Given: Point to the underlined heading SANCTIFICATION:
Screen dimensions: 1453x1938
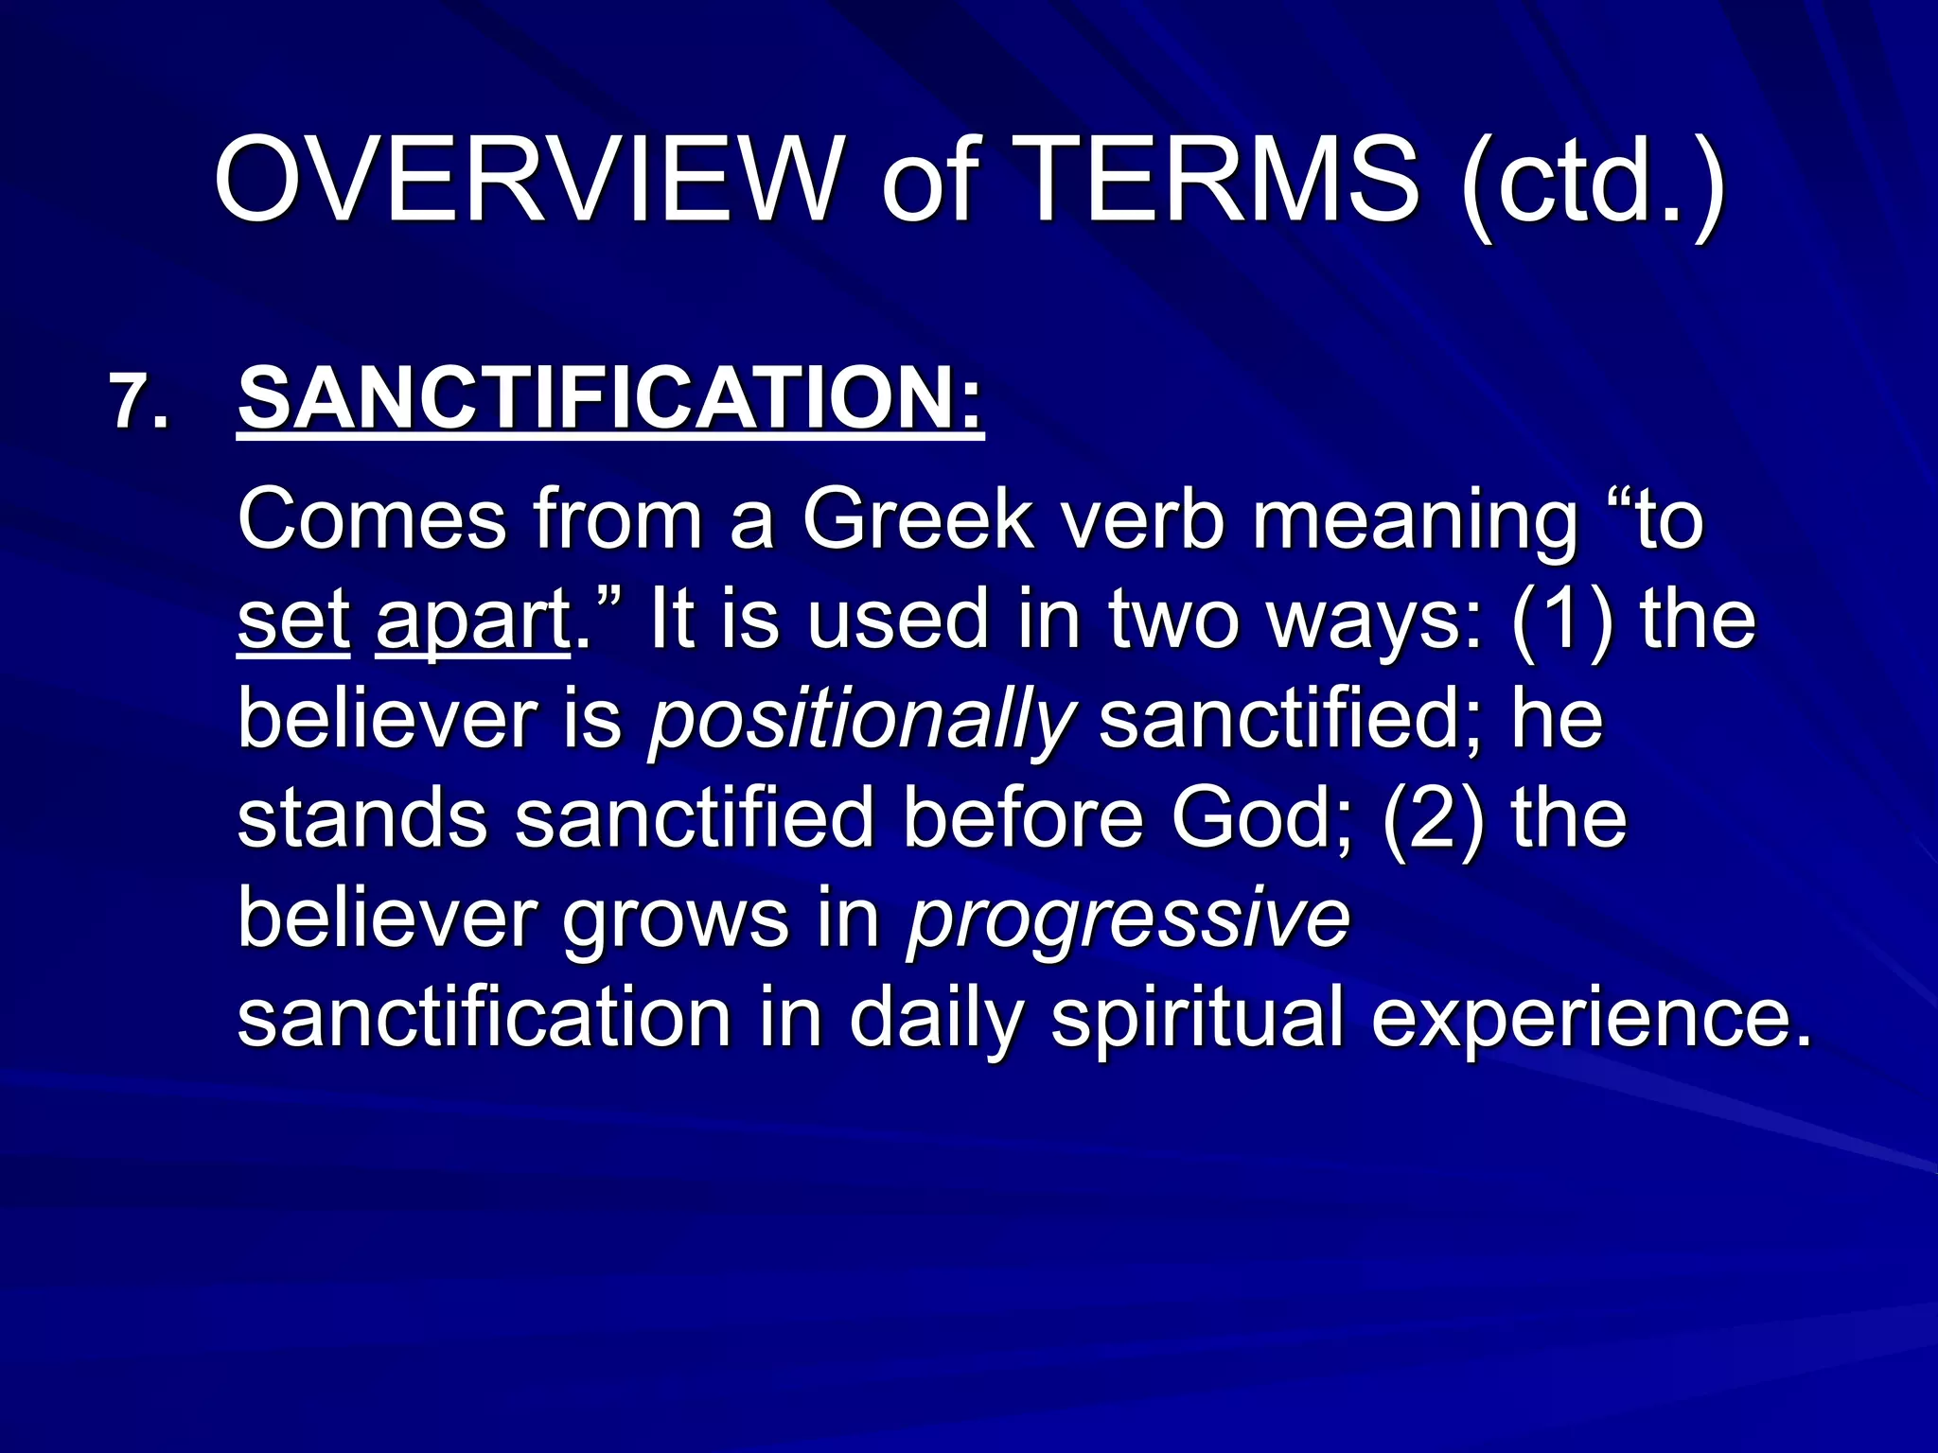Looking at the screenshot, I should tap(610, 399).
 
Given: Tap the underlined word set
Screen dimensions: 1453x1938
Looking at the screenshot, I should tap(293, 620).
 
